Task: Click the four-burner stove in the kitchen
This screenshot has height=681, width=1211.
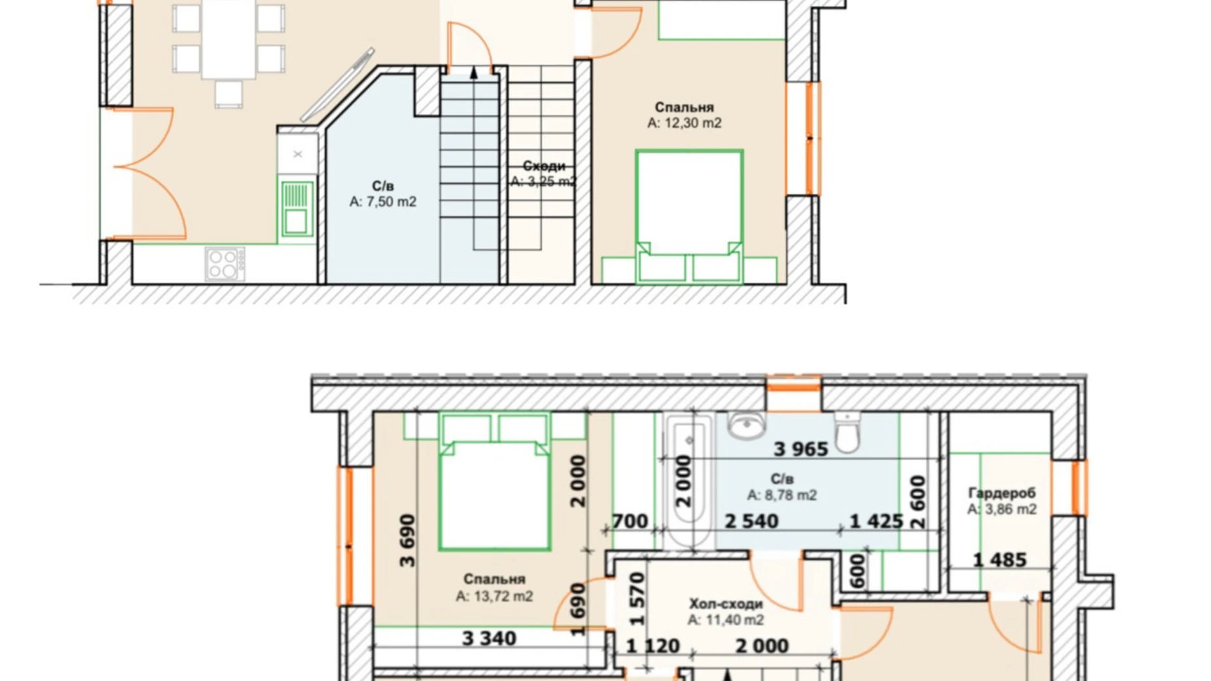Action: (x=225, y=263)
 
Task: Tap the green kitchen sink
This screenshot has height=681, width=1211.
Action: (x=296, y=208)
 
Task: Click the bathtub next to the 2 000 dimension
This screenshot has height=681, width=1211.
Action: (x=689, y=481)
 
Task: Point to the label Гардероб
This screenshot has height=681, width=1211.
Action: (x=1002, y=492)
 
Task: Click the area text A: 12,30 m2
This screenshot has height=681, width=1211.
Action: (x=684, y=123)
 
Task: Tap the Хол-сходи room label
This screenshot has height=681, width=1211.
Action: (x=725, y=603)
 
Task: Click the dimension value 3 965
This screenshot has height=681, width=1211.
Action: (x=800, y=449)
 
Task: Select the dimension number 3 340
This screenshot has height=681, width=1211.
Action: (x=489, y=638)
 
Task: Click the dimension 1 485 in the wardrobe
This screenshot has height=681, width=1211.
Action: (x=999, y=560)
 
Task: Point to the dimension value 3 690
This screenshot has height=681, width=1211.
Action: (x=407, y=541)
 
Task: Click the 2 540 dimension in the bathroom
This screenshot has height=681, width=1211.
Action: (x=751, y=521)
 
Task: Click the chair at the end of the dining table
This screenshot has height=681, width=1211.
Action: (x=228, y=92)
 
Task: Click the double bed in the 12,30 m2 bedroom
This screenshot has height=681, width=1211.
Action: (x=689, y=203)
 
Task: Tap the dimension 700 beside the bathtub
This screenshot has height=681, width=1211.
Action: (x=630, y=521)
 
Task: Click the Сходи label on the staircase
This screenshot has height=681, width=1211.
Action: (x=543, y=166)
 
